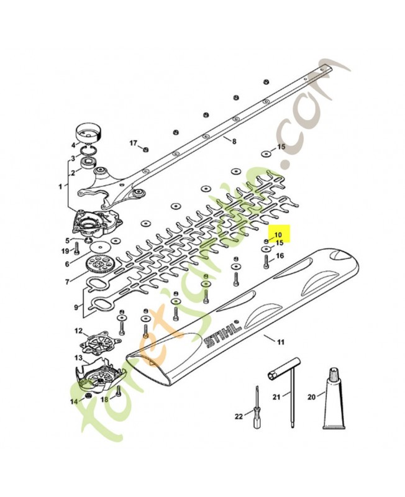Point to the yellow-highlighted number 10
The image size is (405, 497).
[x=278, y=235]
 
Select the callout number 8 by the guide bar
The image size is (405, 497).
[x=234, y=142]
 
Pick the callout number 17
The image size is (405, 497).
[x=133, y=143]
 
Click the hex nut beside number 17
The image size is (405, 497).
[x=145, y=148]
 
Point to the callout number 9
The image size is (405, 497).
[x=76, y=307]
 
